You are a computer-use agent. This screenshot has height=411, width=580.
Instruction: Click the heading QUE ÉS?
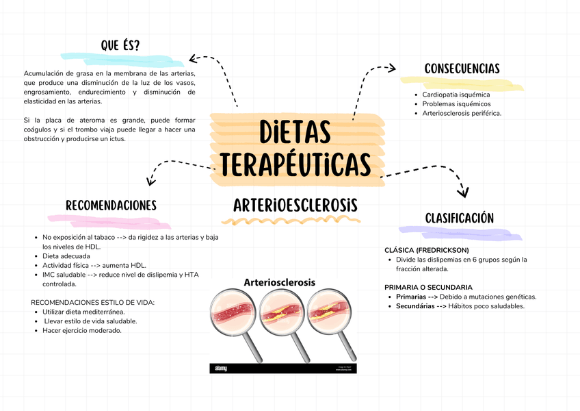click(x=120, y=46)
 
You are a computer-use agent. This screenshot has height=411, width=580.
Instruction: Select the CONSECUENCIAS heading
click(x=462, y=68)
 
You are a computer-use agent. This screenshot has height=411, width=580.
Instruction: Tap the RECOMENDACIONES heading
click(x=111, y=206)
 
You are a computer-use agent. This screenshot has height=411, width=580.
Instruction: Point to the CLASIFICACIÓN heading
click(x=459, y=218)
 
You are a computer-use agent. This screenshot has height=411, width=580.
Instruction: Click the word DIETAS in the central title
click(x=295, y=132)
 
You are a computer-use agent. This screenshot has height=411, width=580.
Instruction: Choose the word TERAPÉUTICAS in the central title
click(x=295, y=164)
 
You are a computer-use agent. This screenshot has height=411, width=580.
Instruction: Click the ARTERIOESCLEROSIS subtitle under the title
click(x=295, y=206)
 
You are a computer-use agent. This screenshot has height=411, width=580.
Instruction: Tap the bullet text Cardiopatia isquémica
click(x=456, y=95)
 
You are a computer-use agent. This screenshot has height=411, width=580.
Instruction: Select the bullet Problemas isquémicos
click(x=456, y=104)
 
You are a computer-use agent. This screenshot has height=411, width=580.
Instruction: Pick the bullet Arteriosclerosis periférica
click(x=462, y=114)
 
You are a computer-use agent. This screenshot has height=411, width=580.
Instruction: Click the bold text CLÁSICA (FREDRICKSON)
click(x=427, y=250)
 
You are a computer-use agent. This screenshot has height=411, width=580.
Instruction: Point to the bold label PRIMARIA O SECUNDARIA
click(x=428, y=287)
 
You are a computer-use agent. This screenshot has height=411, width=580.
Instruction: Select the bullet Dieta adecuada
click(x=66, y=256)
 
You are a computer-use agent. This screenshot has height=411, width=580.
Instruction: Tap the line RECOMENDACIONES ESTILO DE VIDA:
click(x=93, y=302)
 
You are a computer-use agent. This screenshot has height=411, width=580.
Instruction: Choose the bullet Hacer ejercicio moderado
click(x=82, y=331)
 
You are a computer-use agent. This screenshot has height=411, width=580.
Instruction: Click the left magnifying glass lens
click(x=234, y=314)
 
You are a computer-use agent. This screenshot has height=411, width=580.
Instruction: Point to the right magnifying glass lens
click(x=331, y=314)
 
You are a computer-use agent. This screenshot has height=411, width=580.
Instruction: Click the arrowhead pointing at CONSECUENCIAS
click(x=391, y=68)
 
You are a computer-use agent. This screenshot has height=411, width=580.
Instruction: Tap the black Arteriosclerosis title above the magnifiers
click(x=280, y=282)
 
